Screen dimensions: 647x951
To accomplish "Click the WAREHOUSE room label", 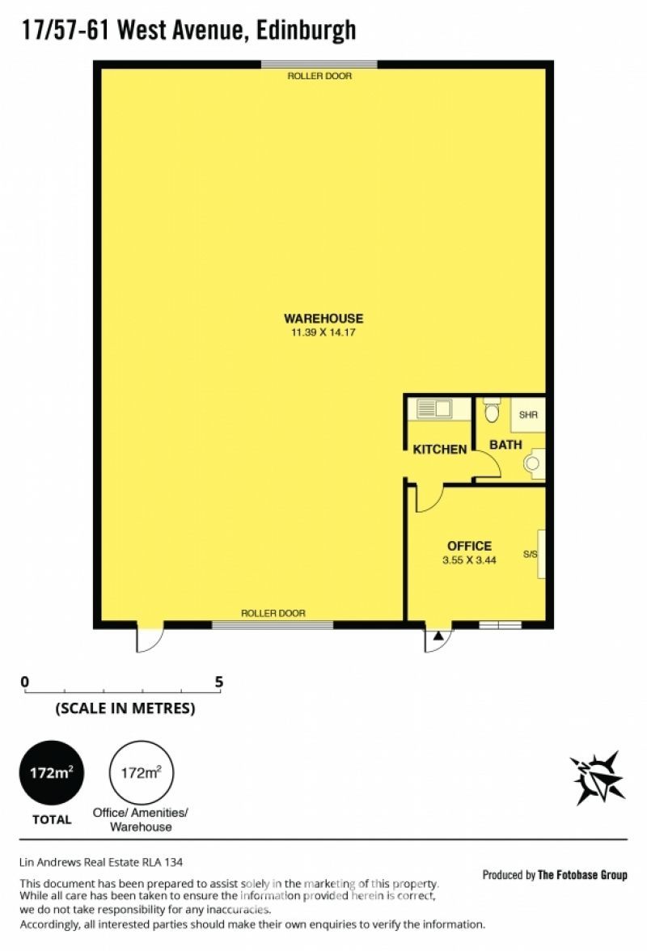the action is click(x=323, y=319).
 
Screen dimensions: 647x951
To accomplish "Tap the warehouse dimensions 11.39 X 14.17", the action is click(x=323, y=332).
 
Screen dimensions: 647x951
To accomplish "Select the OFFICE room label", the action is click(x=469, y=546).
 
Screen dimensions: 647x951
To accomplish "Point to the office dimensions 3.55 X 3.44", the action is click(x=469, y=560).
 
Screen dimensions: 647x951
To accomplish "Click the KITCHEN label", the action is click(x=440, y=450).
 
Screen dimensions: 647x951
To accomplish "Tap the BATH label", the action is click(x=505, y=445).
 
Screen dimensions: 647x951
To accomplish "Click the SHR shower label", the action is click(x=528, y=415).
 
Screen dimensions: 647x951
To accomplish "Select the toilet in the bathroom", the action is click(x=492, y=410).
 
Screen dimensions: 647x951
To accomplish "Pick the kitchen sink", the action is click(x=434, y=409).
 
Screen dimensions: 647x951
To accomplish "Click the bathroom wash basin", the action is click(x=533, y=463).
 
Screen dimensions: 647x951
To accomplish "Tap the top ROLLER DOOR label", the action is click(x=319, y=76).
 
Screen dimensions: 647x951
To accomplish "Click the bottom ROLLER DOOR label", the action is click(x=273, y=613).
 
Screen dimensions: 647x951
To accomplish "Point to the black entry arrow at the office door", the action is click(x=438, y=636).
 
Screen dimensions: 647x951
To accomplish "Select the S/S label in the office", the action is click(x=530, y=555).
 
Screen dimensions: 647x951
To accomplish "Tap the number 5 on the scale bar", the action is click(x=219, y=683).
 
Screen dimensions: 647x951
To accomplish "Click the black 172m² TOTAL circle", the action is click(x=52, y=773).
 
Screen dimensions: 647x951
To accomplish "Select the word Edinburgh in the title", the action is click(x=307, y=31).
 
